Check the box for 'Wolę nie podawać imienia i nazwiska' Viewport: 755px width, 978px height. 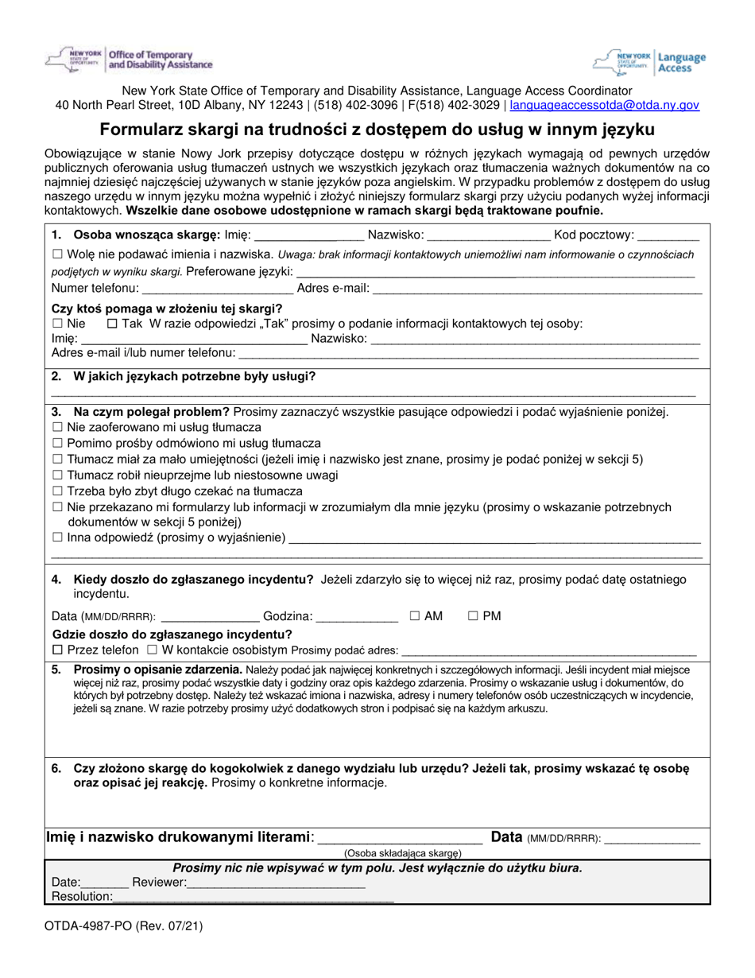coord(56,255)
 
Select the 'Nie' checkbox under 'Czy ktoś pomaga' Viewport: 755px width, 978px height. coord(56,324)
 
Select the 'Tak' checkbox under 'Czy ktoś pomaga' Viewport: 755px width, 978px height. coord(111,324)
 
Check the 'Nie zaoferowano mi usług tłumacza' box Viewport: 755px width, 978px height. coord(56,427)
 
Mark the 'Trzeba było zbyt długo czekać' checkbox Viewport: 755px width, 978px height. coord(56,491)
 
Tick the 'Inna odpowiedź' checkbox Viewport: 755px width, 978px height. coord(56,538)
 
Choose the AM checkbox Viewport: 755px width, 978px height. coord(415,615)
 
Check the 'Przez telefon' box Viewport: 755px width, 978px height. coord(56,650)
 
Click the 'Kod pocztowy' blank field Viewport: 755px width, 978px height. coord(668,235)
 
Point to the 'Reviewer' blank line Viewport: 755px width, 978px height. coord(277,883)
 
